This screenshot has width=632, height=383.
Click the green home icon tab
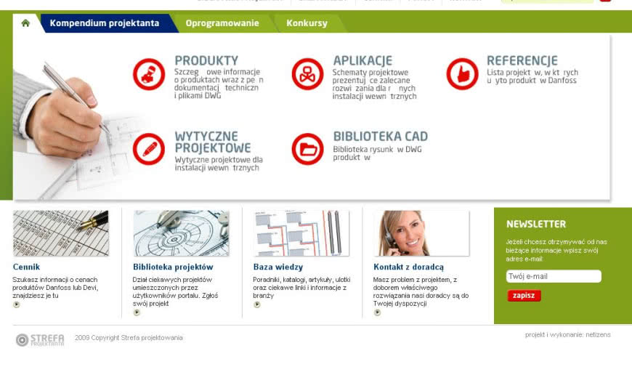(25, 23)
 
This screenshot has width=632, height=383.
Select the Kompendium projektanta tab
(105, 23)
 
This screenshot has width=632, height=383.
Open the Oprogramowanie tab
(222, 23)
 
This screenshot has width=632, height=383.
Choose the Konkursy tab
(307, 23)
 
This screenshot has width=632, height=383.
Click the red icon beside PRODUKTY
(149, 74)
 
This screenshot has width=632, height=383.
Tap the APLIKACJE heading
(362, 61)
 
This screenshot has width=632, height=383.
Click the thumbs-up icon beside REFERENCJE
(462, 74)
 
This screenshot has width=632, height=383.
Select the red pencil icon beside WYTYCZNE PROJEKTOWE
(149, 149)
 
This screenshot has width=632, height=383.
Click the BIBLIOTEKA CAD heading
(380, 136)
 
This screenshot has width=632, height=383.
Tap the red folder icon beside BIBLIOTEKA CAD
(307, 149)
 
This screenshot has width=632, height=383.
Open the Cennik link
(27, 267)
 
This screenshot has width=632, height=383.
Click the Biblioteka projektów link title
(173, 267)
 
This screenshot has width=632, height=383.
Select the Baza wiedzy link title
(278, 267)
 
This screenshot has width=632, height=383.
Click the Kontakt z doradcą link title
(408, 267)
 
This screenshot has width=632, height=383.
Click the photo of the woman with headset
(421, 233)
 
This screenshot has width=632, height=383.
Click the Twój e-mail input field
(553, 276)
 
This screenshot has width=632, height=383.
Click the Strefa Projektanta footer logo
(40, 339)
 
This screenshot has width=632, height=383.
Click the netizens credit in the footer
(598, 335)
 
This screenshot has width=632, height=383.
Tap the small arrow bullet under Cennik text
(17, 305)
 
